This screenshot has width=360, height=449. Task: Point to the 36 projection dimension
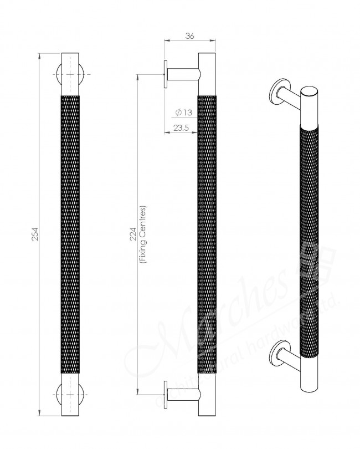[x=189, y=37]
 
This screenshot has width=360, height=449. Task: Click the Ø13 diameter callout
[x=183, y=112]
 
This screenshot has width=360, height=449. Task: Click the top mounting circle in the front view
[x=70, y=74]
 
